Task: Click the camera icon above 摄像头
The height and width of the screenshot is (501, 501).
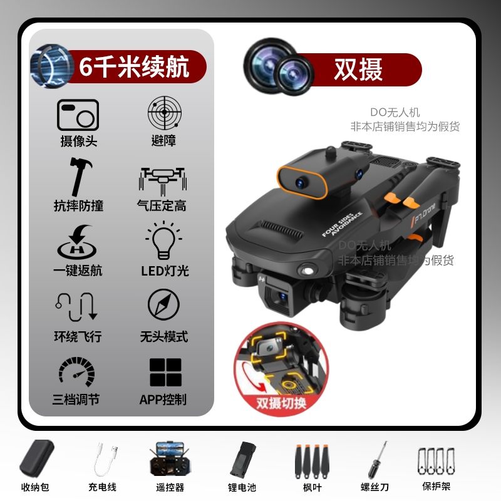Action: point(78,115)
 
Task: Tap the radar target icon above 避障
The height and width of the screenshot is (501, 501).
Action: point(165,113)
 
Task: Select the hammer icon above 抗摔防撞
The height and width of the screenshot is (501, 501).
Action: point(80,176)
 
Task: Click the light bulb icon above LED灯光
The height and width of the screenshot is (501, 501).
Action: point(163,240)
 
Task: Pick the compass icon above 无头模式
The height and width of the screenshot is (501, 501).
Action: point(163,304)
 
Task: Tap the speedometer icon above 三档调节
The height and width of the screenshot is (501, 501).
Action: point(76,371)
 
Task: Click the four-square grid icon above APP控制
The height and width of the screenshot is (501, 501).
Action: point(165,372)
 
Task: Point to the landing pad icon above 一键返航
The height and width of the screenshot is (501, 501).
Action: point(76,242)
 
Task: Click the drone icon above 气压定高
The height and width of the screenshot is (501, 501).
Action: point(163,181)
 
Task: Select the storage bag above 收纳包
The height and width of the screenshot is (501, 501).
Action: point(37,459)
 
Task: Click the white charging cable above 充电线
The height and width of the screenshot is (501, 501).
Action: point(106,459)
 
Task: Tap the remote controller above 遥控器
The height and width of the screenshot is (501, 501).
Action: point(169,458)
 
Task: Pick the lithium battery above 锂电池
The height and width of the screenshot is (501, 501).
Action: point(243,460)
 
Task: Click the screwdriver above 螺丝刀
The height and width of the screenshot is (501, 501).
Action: point(378,460)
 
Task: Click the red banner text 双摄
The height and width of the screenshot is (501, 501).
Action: point(358,70)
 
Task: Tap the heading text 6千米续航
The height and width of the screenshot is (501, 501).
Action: point(134,66)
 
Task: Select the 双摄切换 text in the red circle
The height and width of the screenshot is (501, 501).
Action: point(281,403)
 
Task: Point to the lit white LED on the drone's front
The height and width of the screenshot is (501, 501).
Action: point(308,271)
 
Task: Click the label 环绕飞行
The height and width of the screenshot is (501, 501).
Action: point(78,336)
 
